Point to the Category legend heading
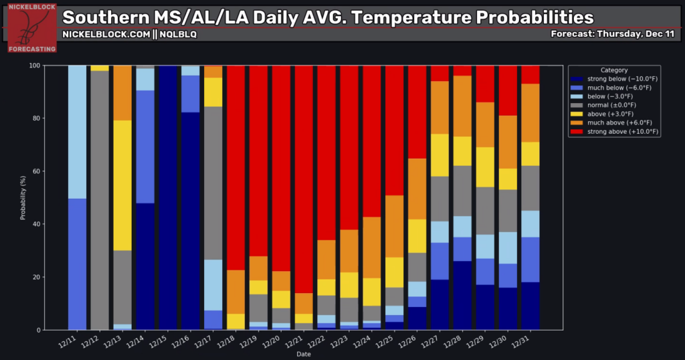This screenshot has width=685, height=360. (614, 70)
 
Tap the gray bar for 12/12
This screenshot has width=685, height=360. (100, 201)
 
